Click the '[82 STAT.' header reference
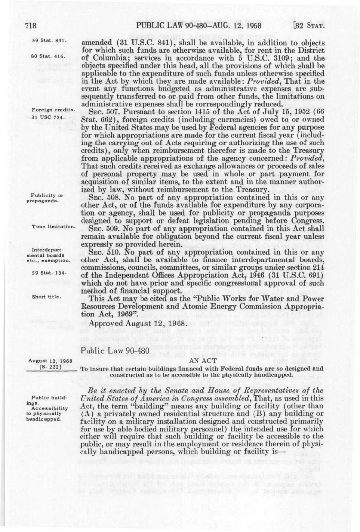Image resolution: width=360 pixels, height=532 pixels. click(x=308, y=25)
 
